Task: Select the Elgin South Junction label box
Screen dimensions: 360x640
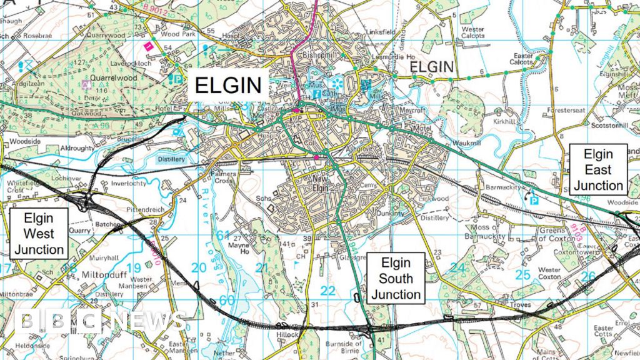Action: click(396, 278)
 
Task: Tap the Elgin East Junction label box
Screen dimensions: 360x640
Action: click(598, 169)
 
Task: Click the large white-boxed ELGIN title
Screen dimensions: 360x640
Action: click(229, 85)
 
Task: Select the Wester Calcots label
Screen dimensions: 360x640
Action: click(472, 32)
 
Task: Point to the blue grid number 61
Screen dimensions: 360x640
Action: click(224, 235)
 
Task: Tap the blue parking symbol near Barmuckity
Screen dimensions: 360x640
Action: click(533, 200)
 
